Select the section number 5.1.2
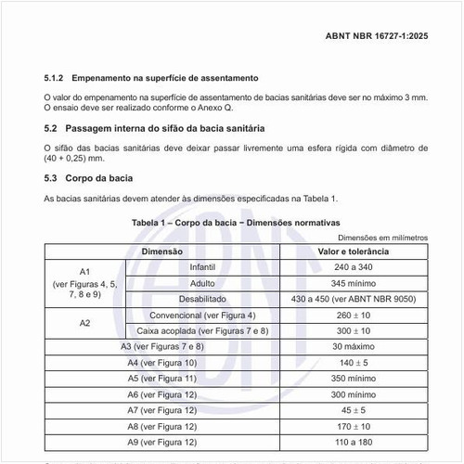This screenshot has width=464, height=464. tap(55, 78)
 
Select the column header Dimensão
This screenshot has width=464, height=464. tap(162, 251)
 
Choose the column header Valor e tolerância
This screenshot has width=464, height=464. tap(353, 251)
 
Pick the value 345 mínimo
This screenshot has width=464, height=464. tap(353, 283)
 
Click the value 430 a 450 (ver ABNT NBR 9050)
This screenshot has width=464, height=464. tap(353, 299)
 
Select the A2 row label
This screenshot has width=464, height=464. tap(84, 323)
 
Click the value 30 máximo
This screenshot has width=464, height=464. tap(353, 346)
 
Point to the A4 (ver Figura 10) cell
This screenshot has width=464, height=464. tap(162, 362)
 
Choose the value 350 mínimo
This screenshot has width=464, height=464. tap(353, 378)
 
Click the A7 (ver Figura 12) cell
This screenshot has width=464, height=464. tap(162, 409)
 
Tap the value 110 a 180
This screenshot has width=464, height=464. tap(353, 441)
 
